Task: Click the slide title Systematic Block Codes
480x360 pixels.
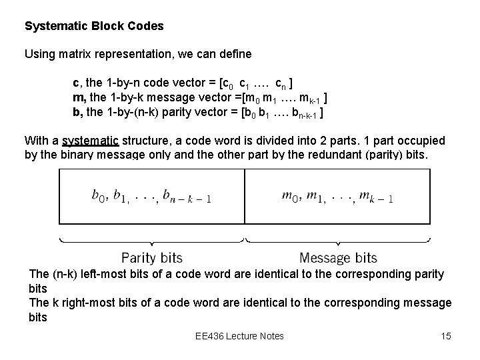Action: tap(94, 27)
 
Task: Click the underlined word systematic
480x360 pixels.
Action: tap(90, 141)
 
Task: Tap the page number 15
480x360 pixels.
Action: tap(446, 335)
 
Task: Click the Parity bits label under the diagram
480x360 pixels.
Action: tap(151, 257)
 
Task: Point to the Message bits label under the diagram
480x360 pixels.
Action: tap(338, 257)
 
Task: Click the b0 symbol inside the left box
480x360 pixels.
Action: tap(99, 195)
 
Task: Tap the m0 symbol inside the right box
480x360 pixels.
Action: tap(290, 195)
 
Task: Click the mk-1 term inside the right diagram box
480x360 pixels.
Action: tap(375, 197)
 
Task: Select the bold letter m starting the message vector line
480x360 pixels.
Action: tap(77, 98)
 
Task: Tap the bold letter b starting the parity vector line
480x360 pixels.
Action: tap(76, 111)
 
